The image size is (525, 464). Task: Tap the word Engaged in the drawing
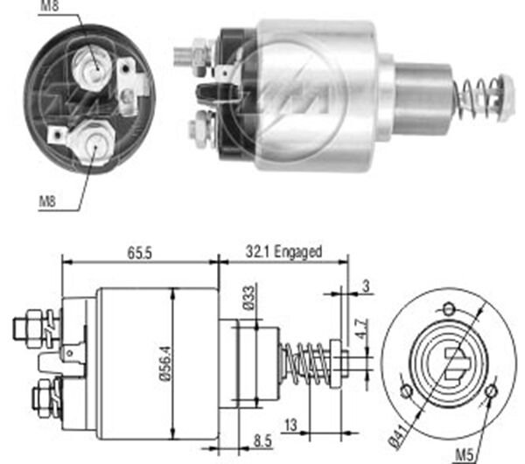tap(298, 251)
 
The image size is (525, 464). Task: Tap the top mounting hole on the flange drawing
tap(449, 307)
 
